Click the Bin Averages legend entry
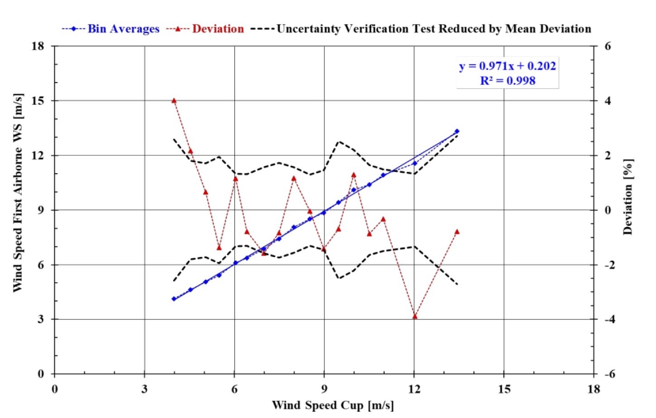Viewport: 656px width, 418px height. tap(111, 29)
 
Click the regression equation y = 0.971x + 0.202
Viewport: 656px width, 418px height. tap(507, 66)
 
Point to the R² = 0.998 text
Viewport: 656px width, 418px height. tap(507, 81)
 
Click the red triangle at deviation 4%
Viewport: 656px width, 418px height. tap(174, 101)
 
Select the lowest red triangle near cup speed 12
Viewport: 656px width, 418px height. tap(415, 316)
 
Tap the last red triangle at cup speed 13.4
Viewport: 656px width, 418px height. tap(457, 232)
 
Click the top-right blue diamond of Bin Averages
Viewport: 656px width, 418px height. tap(457, 131)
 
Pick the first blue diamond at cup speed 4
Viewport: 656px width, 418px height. tap(174, 299)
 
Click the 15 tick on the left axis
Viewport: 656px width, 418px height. tap(38, 101)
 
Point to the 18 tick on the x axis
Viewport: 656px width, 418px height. tap(593, 389)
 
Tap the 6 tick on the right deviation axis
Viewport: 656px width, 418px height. tap(608, 46)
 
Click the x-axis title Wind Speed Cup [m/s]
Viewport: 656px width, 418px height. tap(333, 405)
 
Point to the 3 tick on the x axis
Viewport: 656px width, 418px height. tap(144, 389)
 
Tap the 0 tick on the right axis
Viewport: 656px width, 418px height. tap(608, 210)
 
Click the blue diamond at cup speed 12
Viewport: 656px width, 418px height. tap(415, 163)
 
